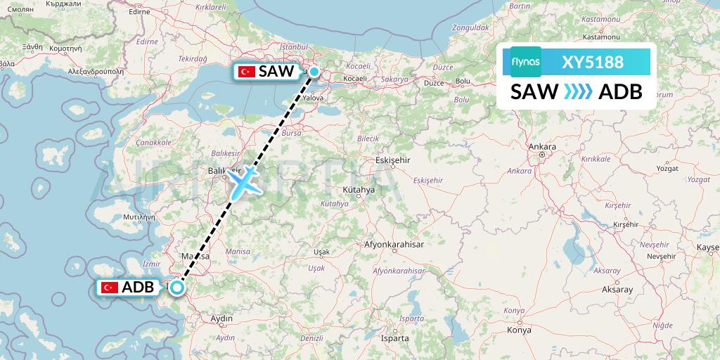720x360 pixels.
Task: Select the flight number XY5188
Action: pyautogui.click(x=593, y=62)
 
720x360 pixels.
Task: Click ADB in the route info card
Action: pyautogui.click(x=620, y=91)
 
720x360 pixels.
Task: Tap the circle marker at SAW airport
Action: pyautogui.click(x=314, y=71)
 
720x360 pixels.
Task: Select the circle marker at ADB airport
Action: pyautogui.click(x=177, y=286)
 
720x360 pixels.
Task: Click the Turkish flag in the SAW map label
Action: pyautogui.click(x=246, y=71)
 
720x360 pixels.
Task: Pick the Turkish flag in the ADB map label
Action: pyautogui.click(x=110, y=287)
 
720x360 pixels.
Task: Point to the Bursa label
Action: pyautogui.click(x=290, y=132)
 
